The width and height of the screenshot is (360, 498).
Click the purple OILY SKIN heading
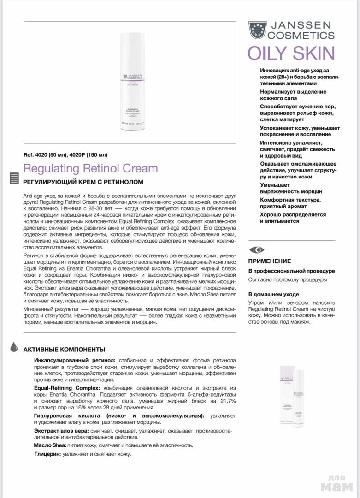click(291, 54)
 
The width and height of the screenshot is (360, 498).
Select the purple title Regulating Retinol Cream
click(90, 168)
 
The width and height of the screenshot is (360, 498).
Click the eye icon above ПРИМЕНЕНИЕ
click(257, 249)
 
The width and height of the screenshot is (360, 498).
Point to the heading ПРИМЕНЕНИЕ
click(270, 261)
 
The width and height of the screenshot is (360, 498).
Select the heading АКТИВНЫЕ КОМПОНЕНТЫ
click(64, 350)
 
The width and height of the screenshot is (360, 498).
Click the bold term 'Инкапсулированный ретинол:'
click(75, 360)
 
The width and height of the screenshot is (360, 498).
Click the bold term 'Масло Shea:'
click(50, 445)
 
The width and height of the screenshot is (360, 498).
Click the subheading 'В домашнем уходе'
click(273, 294)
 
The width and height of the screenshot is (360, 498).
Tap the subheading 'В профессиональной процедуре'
click(291, 271)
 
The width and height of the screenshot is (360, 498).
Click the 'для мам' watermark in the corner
click(339, 484)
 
